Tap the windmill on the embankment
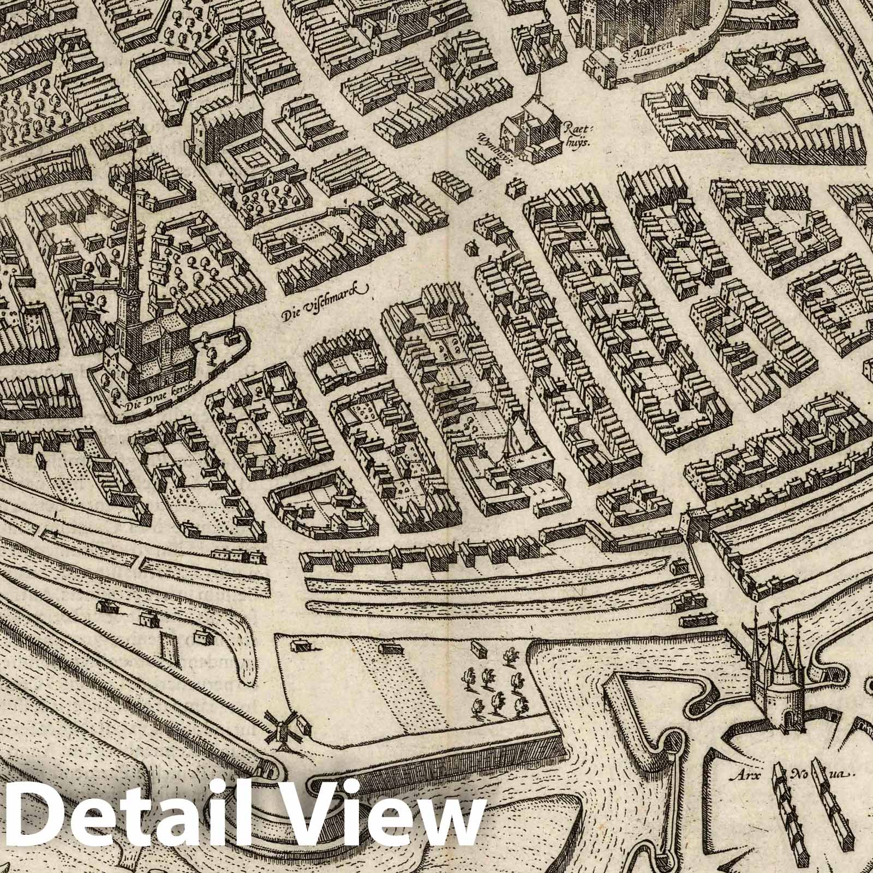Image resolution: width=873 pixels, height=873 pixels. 279,726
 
